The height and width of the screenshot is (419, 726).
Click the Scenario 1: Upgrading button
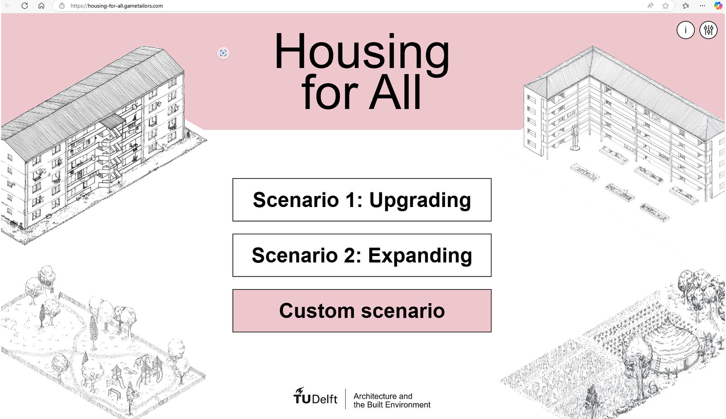tap(362, 200)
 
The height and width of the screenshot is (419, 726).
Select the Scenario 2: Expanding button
tap(362, 255)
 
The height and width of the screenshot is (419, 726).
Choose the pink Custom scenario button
tap(362, 311)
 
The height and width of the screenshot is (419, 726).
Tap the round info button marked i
tap(686, 30)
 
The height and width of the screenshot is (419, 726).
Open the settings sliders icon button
tap(708, 30)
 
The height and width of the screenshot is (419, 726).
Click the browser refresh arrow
tap(25, 6)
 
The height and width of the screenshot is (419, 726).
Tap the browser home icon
tap(41, 6)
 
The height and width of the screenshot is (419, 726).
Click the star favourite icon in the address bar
tap(665, 6)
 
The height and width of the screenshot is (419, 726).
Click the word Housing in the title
tap(362, 52)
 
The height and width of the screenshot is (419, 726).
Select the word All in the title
tap(395, 92)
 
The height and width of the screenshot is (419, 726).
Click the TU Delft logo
tap(315, 396)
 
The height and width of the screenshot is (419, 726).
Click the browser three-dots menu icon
tap(702, 6)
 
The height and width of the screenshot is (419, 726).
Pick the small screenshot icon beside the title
tap(223, 53)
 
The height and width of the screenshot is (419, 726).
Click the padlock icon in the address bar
tap(62, 6)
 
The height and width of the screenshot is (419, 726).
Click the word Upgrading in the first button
tap(420, 200)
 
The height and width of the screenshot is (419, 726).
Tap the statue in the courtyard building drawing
tap(575, 138)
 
